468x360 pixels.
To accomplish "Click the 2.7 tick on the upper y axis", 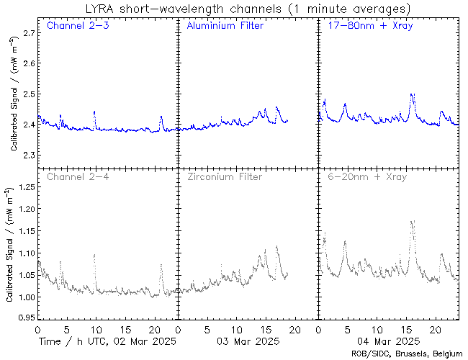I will (x=27, y=34).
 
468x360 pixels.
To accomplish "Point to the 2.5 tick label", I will (x=27, y=94).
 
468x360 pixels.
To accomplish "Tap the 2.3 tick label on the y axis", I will (x=27, y=156).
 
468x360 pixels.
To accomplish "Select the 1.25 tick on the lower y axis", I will (x=24, y=187).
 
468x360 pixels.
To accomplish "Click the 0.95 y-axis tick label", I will (x=24, y=318).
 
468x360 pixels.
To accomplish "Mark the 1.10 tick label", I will (x=24, y=253).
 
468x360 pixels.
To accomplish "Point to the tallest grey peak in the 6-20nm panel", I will (x=413, y=222).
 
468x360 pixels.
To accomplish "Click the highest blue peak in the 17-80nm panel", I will (x=412, y=94).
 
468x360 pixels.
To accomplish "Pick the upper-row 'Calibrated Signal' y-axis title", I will (x=14, y=94).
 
